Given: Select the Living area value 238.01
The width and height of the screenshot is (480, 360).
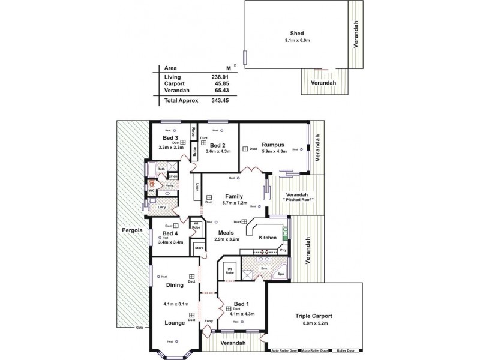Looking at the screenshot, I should (x=213, y=77).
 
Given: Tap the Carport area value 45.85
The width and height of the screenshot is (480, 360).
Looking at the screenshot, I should (x=213, y=83).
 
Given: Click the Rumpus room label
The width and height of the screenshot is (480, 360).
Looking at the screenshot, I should (x=273, y=145).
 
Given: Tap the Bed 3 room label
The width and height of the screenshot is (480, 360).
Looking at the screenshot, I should (x=162, y=138).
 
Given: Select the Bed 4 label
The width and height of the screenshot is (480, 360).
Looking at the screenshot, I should (x=170, y=233).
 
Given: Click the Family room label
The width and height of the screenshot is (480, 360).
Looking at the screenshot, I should (x=233, y=196).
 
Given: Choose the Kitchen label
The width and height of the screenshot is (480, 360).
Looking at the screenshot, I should (x=268, y=238).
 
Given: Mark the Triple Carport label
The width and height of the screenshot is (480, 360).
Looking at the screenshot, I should (x=314, y=316).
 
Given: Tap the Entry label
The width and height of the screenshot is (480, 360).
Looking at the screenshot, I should (x=208, y=322).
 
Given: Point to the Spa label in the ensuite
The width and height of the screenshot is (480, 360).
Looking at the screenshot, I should (x=281, y=274).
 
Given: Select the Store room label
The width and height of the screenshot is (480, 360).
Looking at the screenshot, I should (x=199, y=247).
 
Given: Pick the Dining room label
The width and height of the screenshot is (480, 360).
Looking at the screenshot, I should (x=175, y=285).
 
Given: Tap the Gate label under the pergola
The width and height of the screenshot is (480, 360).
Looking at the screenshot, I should (x=140, y=328).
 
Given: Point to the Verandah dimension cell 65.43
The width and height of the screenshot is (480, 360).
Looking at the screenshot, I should (x=213, y=91).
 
